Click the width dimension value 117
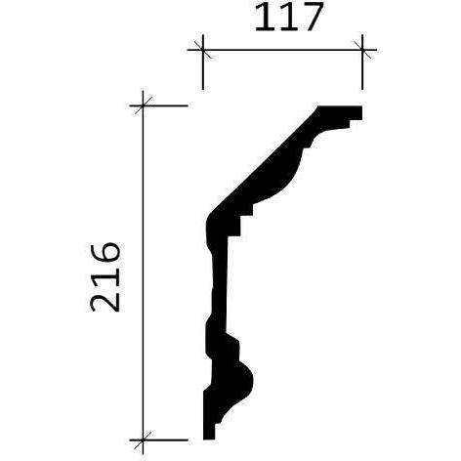coord(288,18)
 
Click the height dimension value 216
coord(105,277)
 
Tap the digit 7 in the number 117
coord(308,18)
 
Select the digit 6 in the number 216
coord(105,255)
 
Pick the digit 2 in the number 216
coord(105,300)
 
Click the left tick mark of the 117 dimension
coord(203,50)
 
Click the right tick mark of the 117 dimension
coord(362,50)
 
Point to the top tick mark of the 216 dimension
coord(143,105)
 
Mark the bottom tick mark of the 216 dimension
coord(143,440)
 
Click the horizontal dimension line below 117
coord(282,50)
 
